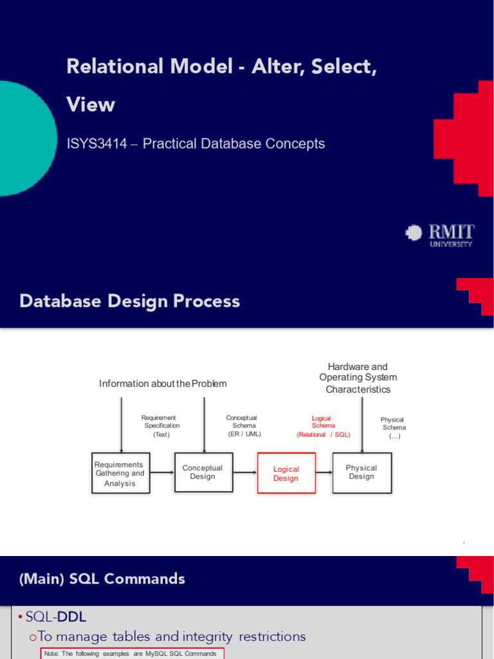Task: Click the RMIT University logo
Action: [440, 236]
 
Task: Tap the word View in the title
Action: [91, 104]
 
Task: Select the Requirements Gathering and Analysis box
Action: [120, 473]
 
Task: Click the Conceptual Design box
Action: [203, 472]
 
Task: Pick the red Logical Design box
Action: [286, 473]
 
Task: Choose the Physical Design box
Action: [361, 472]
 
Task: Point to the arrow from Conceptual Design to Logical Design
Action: [244, 472]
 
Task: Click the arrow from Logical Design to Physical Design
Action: [324, 472]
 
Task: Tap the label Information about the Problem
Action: [163, 384]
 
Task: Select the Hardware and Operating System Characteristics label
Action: [358, 378]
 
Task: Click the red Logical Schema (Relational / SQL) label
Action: [322, 427]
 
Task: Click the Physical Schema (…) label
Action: [394, 427]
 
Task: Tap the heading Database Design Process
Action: [130, 301]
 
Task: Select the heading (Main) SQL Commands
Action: [102, 579]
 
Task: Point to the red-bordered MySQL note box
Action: [133, 654]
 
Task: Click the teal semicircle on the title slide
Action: [26, 138]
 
